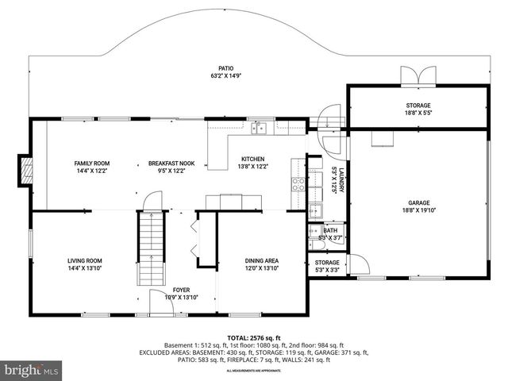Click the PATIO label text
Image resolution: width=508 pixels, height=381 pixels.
pos(226,68)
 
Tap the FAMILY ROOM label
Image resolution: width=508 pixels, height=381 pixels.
pos(90,163)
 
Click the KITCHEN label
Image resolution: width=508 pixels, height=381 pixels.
pos(253,159)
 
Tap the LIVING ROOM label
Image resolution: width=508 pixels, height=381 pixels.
pos(83,260)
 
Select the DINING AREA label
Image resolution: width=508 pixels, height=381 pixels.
pos(261,260)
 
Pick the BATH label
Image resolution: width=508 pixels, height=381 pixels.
pos(329,230)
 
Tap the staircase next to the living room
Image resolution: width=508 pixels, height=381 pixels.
pos(150,246)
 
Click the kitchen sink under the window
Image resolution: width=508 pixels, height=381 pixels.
pos(260,128)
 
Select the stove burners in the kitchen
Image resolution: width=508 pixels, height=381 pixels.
pos(298,184)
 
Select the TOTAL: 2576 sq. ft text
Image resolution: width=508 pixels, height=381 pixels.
pos(253,337)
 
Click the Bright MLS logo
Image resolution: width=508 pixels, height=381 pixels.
pos(32,370)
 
